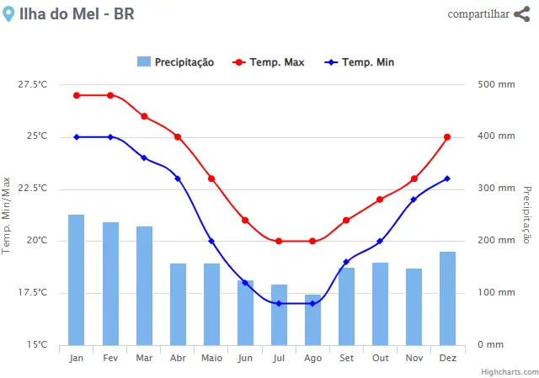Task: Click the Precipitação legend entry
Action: tap(175, 62)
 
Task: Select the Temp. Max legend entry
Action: tap(269, 62)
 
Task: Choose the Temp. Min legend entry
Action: tap(360, 62)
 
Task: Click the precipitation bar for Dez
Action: tap(447, 298)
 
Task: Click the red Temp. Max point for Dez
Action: tap(447, 136)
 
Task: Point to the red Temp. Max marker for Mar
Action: tap(144, 116)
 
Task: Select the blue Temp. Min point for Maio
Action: tap(211, 242)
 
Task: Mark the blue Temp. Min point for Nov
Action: tap(414, 200)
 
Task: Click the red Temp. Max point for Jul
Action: tap(279, 241)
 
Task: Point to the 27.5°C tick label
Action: tap(32, 84)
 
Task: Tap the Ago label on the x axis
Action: tap(312, 357)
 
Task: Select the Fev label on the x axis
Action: tap(110, 357)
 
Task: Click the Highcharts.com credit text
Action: tap(510, 371)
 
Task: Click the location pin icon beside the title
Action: tap(9, 13)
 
